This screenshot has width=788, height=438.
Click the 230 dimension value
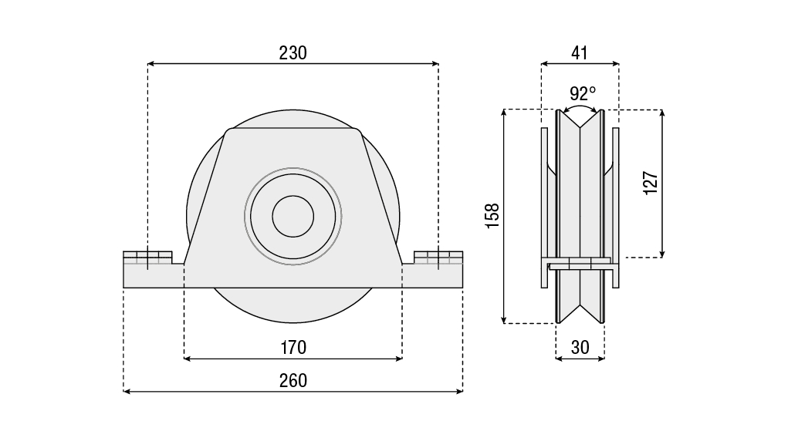tap(293, 52)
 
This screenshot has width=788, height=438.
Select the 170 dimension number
tap(293, 347)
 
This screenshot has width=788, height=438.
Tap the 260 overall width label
tap(293, 380)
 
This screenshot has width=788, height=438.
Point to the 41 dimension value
tap(580, 52)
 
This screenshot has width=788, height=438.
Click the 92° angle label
tap(583, 93)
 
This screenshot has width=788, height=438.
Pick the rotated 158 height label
tap(492, 215)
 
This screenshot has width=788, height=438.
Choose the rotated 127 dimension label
tap(650, 183)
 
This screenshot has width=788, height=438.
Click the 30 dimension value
tap(580, 347)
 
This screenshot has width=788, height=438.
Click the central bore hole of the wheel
tap(293, 216)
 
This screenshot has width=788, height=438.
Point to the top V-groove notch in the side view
tap(580, 120)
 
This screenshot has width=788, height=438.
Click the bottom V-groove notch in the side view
tap(580, 312)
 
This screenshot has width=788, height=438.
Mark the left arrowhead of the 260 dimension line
tap(127, 392)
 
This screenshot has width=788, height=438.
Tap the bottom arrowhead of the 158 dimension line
tap(504, 320)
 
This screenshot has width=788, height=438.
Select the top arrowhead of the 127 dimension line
tap(662, 113)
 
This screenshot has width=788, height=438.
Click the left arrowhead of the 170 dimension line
tap(187, 359)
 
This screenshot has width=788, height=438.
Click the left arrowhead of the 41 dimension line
tap(543, 64)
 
